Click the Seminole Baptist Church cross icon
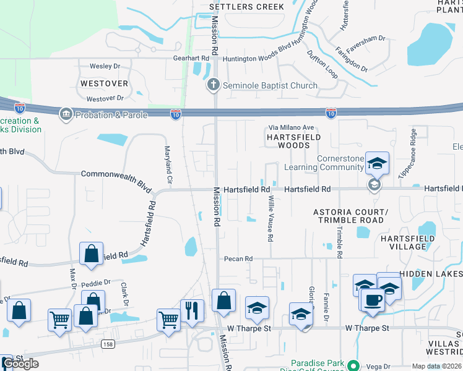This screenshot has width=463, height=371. [x=214, y=85]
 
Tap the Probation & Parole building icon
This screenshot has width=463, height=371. [x=66, y=114]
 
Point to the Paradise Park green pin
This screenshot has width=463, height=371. [x=353, y=365]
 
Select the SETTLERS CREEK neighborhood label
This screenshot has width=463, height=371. [x=246, y=7]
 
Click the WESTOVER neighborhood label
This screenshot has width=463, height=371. [x=104, y=83]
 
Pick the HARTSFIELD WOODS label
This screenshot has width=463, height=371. [x=288, y=140]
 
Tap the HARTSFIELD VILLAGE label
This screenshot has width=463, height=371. [x=403, y=242]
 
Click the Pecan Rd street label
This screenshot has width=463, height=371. [x=239, y=258]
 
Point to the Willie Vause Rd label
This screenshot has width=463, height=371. [x=270, y=220]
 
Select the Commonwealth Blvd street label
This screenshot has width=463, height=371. [x=116, y=179]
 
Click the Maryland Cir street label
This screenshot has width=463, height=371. [x=167, y=164]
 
